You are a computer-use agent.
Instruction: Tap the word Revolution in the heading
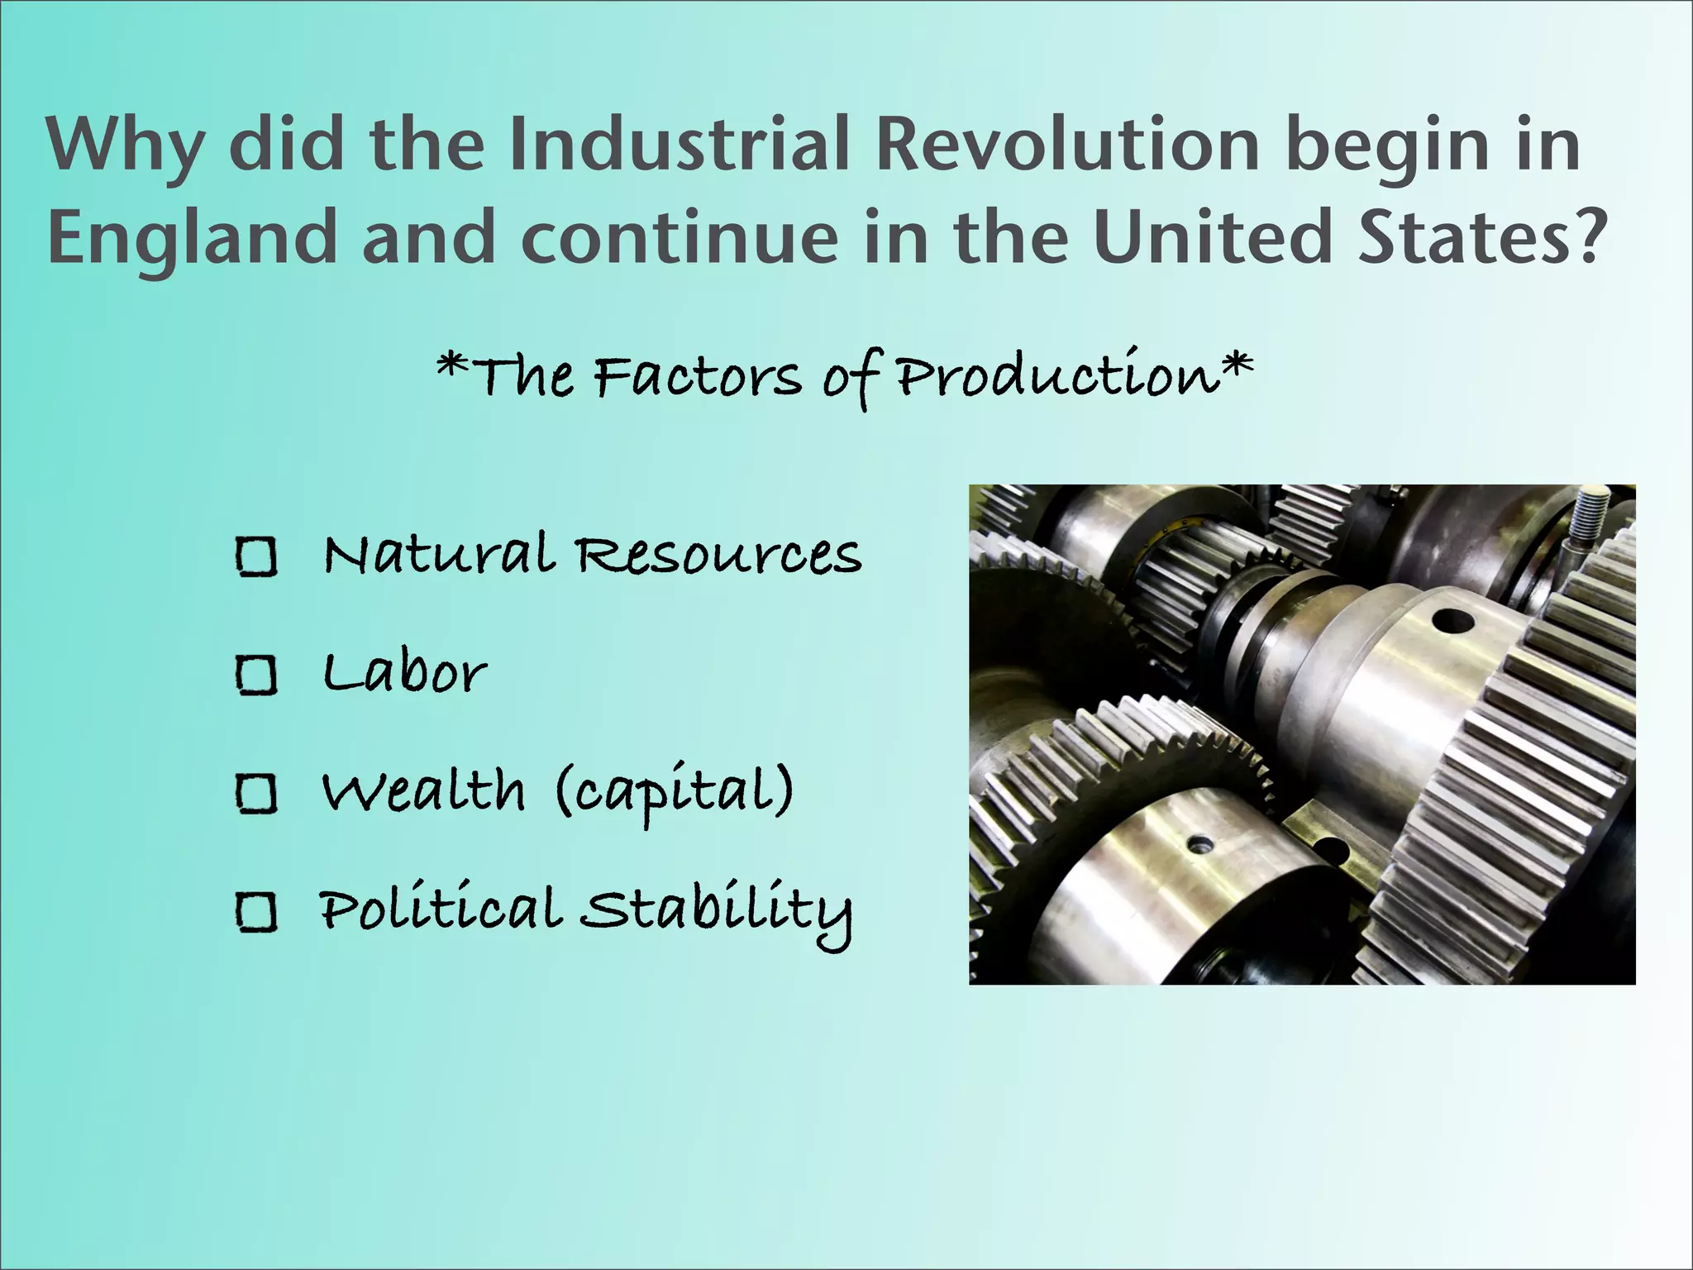[1067, 146]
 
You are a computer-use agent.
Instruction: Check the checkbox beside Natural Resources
[256, 556]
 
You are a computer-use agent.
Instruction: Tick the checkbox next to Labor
[256, 675]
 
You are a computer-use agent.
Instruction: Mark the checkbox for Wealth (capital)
[256, 793]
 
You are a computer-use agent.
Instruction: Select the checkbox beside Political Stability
[256, 912]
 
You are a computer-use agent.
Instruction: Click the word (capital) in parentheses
[674, 792]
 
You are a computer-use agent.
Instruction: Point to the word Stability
[715, 911]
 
